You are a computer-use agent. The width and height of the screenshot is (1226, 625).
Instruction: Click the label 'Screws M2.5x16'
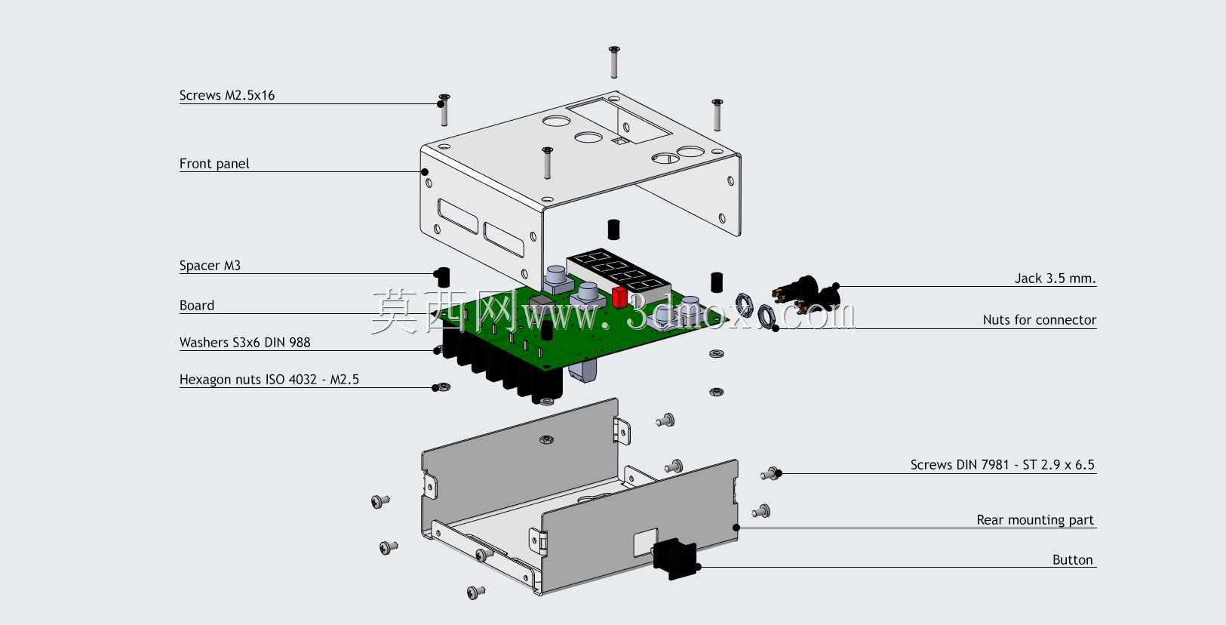click(226, 95)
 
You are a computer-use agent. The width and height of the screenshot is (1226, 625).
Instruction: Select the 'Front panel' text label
click(214, 164)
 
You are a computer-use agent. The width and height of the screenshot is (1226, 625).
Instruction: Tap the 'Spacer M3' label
click(210, 266)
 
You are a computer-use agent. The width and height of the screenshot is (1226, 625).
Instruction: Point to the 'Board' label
click(196, 306)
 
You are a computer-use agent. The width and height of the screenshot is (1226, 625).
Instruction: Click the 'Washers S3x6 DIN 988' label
click(244, 343)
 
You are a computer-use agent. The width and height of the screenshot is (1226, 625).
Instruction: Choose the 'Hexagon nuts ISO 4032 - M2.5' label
click(269, 380)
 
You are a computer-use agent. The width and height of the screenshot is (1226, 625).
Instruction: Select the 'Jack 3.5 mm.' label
click(1055, 279)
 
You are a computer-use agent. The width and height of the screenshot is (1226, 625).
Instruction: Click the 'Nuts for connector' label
click(1040, 320)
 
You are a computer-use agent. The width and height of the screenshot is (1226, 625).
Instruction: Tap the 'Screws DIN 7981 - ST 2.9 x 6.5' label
click(1002, 465)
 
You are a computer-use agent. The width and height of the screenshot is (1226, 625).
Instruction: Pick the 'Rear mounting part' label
click(1035, 520)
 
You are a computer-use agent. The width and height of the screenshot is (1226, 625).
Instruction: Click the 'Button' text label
click(1072, 560)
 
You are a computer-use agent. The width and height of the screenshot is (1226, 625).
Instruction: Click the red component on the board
click(619, 297)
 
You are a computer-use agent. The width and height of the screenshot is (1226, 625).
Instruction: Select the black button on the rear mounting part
click(675, 558)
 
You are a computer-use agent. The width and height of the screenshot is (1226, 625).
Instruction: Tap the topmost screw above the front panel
click(614, 61)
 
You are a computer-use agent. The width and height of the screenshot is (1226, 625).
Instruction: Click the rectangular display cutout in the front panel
click(619, 121)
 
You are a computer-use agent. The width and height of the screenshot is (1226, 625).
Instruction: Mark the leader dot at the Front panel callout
click(424, 172)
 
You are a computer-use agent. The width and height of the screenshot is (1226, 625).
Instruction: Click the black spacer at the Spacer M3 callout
click(443, 277)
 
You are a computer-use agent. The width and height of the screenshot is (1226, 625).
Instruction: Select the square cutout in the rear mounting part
click(646, 542)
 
